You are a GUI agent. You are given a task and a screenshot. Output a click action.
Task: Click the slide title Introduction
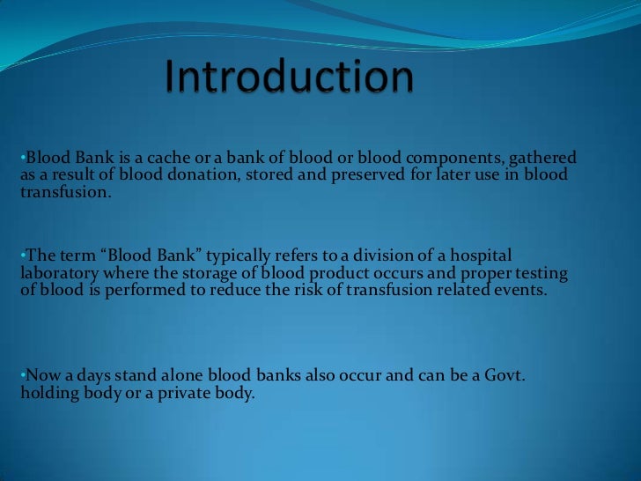[290, 78]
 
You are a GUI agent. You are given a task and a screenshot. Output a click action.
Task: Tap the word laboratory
[55, 272]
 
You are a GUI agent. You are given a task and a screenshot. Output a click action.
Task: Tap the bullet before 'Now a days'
[22, 375]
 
